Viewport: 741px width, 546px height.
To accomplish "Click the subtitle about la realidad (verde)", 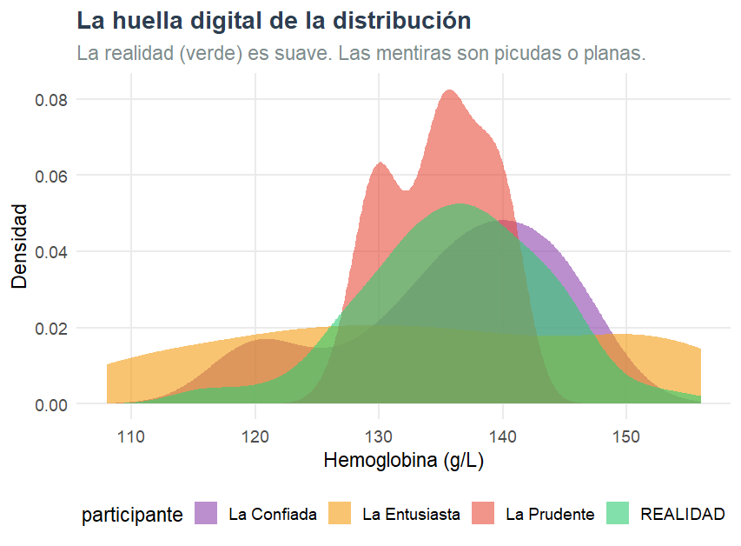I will [361, 53].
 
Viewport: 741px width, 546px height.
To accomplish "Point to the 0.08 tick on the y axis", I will [51, 99].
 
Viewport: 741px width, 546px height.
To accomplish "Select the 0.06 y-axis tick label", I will [51, 176].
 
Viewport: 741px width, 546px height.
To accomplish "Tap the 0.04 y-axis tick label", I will [51, 252].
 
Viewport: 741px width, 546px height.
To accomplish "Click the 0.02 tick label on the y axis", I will [51, 329].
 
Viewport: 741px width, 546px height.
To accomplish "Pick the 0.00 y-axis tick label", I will [51, 405].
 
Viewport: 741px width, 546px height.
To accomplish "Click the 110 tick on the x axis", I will [131, 436].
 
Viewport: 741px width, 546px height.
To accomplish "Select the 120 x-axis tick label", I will [255, 436].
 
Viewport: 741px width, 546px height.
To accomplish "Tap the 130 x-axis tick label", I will [379, 436].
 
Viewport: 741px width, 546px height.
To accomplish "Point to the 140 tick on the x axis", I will [503, 436].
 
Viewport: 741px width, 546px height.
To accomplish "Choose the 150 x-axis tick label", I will [626, 436].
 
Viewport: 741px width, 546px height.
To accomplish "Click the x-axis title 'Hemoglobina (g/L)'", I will [403, 461].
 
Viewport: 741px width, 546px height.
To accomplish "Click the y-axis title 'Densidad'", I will [19, 245].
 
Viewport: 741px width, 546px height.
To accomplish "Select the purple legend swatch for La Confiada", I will [206, 514].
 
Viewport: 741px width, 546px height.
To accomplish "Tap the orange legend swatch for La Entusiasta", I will [340, 514].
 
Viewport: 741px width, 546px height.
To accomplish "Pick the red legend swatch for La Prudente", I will [483, 514].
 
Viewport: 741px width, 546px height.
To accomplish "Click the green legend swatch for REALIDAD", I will [618, 514].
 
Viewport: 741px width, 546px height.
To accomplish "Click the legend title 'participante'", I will [132, 515].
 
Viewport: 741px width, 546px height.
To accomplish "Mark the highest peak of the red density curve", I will [449, 90].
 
